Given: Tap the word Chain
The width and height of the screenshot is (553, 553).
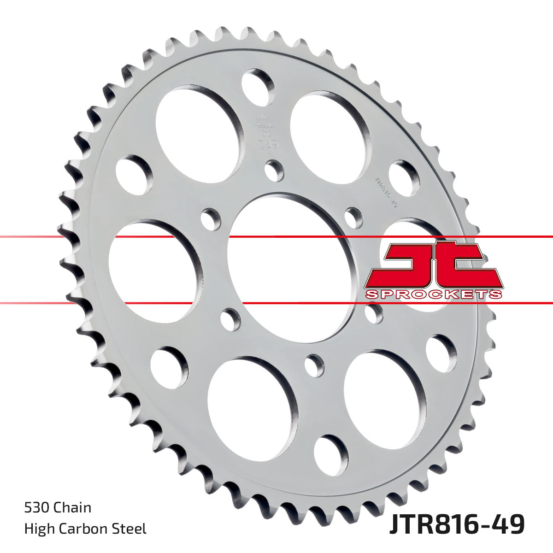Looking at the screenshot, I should tap(72, 508).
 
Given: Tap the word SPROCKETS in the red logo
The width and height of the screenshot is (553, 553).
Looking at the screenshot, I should tap(433, 294).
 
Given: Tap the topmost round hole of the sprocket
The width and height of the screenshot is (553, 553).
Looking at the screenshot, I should tap(258, 85).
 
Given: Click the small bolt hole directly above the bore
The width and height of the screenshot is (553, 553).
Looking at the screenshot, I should tap(275, 171).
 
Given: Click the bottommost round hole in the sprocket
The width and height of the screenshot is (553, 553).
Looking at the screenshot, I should tap(331, 453).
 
